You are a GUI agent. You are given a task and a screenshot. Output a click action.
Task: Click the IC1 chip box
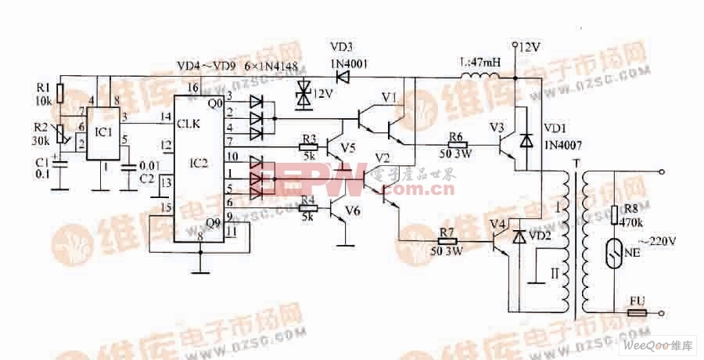click(102, 133)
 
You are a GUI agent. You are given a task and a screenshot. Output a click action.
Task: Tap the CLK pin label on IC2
click(189, 124)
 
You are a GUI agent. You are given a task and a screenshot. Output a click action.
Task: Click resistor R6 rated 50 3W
click(455, 144)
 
